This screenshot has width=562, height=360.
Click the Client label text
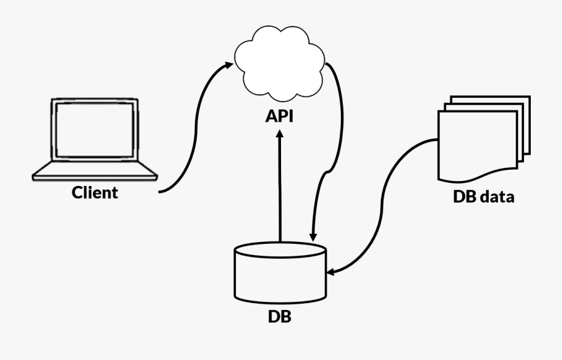(95, 192)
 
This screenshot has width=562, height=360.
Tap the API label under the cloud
(280, 116)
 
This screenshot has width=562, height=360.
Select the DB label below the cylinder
(280, 316)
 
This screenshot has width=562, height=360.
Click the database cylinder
(280, 275)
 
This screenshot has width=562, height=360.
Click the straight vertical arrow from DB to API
(280, 187)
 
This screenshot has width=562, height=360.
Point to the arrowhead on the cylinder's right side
(332, 271)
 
